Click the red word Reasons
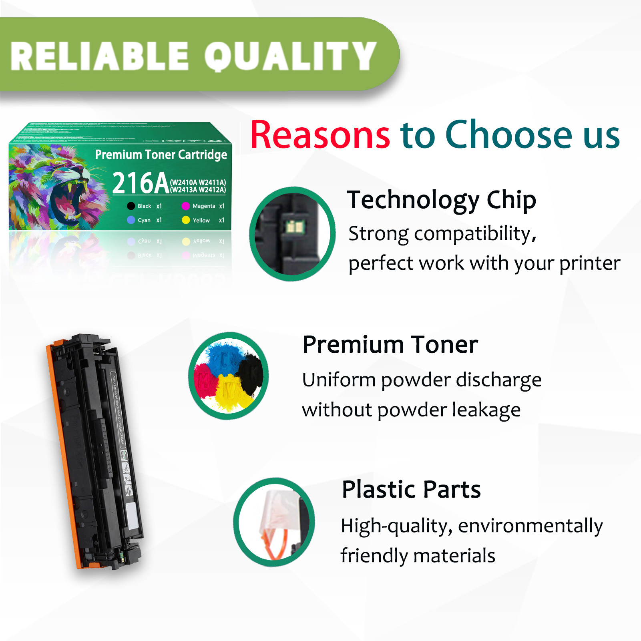click(320, 135)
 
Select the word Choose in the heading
click(509, 135)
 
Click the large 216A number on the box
click(140, 183)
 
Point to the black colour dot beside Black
click(131, 206)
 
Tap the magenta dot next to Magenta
click(185, 206)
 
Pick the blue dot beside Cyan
click(131, 220)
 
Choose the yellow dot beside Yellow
click(186, 220)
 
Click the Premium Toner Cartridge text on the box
click(161, 155)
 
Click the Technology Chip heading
click(441, 200)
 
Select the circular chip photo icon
click(292, 234)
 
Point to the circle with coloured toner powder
click(229, 376)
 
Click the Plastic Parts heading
click(411, 489)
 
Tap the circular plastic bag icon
click(274, 522)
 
